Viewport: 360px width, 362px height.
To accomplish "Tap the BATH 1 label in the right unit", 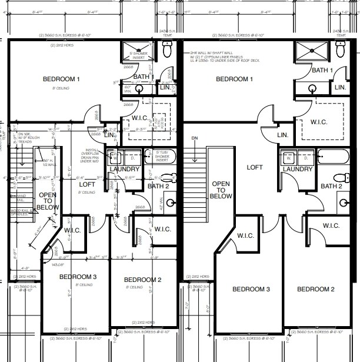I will (322, 70).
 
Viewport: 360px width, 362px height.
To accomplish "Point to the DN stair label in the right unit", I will (195, 138).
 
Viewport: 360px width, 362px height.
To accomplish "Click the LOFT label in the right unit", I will (254, 167).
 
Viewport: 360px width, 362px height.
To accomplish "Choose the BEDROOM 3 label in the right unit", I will (251, 289).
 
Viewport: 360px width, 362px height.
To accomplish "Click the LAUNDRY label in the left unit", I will (124, 170).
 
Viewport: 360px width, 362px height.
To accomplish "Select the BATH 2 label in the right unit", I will (331, 186).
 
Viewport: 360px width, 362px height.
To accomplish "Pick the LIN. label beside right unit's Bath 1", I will (340, 87).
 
